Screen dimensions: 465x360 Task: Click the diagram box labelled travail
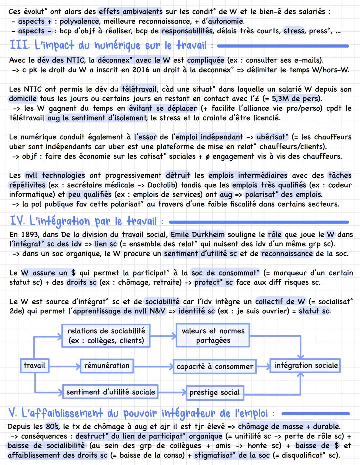pos(34,365)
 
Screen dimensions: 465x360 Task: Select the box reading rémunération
pos(107,366)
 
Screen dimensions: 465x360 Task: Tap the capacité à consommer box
pos(215,366)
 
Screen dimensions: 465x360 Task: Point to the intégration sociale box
pos(306,365)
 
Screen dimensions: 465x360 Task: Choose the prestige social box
pos(214,392)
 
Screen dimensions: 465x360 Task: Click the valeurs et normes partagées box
pos(213,335)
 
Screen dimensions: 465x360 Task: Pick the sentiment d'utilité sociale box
pos(110,392)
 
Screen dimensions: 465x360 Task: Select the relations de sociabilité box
pos(106,335)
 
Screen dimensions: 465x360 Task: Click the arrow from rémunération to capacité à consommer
pos(153,366)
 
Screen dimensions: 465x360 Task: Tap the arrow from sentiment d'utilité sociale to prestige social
pos(172,392)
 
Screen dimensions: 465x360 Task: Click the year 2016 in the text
pos(141,70)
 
